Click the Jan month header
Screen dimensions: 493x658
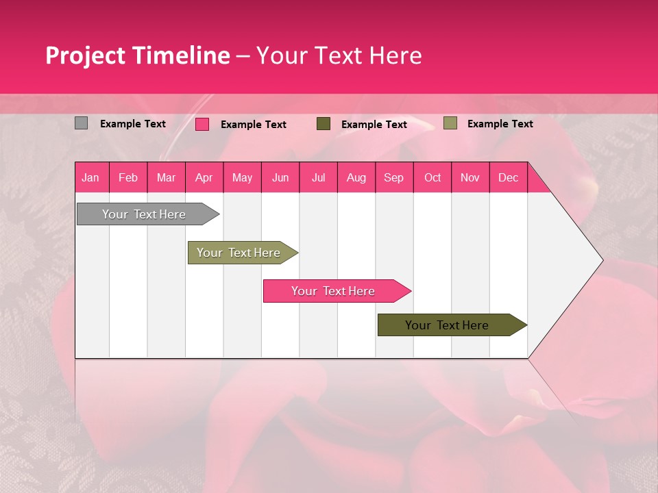(90, 178)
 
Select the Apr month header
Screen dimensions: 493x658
(204, 178)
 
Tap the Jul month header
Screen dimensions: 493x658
(318, 178)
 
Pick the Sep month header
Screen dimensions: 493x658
(393, 178)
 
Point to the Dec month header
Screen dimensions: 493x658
(508, 178)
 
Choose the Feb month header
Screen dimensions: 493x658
(128, 178)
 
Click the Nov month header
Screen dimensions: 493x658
(470, 178)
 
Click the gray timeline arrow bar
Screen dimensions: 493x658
(144, 214)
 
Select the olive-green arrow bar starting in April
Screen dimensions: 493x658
(239, 253)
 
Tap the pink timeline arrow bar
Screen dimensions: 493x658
(333, 291)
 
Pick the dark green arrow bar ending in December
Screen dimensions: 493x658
(447, 325)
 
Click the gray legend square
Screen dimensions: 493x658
(81, 123)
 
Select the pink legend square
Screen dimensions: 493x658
(202, 124)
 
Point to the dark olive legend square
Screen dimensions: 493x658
(324, 123)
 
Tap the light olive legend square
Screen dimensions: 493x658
(450, 123)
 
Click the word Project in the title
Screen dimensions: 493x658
(86, 55)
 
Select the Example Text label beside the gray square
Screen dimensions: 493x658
(133, 124)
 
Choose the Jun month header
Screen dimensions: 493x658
(280, 178)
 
